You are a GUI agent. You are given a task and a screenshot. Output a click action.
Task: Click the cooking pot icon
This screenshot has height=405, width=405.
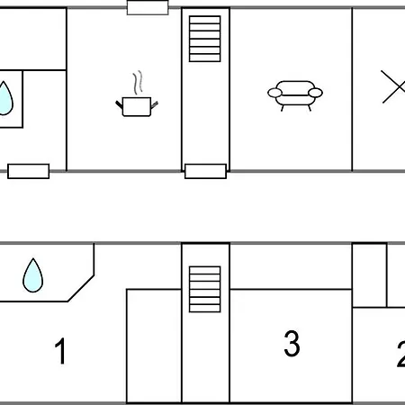click(x=137, y=106)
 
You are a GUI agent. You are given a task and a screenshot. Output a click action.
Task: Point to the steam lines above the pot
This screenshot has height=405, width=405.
click(x=138, y=83)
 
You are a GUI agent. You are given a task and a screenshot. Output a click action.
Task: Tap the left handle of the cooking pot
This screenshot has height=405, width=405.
click(x=119, y=104)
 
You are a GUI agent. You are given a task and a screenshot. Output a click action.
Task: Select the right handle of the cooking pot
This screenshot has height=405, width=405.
click(x=154, y=105)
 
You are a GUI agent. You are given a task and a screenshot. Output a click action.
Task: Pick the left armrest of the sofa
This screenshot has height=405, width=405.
click(x=274, y=93)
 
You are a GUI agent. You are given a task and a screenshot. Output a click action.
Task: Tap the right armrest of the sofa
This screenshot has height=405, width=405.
click(x=315, y=93)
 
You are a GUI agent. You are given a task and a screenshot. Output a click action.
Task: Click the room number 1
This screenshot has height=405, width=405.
click(x=60, y=351)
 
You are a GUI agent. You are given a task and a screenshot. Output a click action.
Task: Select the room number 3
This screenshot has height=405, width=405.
click(x=292, y=344)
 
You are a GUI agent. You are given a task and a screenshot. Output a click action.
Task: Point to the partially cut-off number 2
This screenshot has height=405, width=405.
click(x=401, y=354)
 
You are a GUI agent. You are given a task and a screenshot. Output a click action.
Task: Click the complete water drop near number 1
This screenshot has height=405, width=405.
click(x=33, y=275)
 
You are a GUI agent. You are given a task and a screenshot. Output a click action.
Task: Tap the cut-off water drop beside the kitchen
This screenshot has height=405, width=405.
click(x=5, y=98)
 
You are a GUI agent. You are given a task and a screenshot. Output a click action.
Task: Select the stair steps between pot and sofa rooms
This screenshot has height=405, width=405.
click(x=205, y=39)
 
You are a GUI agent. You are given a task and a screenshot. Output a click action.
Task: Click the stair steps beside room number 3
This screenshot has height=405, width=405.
click(x=205, y=289)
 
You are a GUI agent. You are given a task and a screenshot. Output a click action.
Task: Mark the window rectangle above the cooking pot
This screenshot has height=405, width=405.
click(x=148, y=7)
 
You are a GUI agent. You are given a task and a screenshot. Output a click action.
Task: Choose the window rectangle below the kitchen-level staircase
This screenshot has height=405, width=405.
click(x=205, y=171)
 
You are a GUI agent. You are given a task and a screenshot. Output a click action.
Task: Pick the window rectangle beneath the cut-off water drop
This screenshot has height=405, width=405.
click(x=29, y=171)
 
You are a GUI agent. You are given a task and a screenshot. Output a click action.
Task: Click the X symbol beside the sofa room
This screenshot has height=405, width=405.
click(x=393, y=86)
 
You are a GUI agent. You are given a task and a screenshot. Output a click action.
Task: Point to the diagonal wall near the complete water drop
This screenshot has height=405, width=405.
click(x=81, y=288)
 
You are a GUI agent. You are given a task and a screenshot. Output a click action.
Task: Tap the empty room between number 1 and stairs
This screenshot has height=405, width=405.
click(x=154, y=346)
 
